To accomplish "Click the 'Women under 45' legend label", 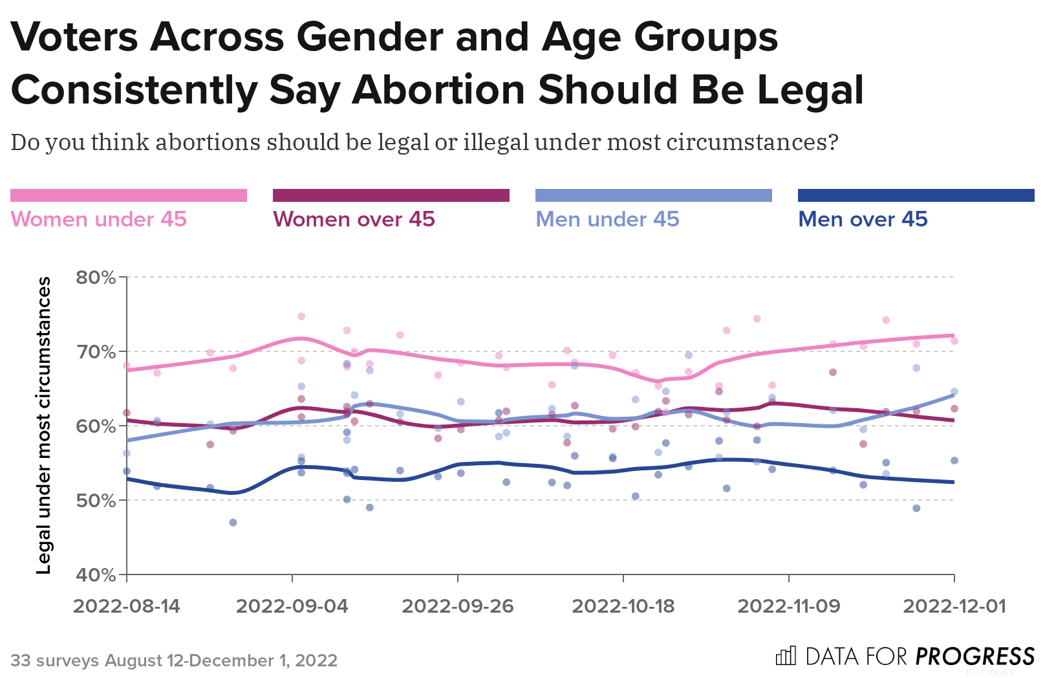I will [98, 219].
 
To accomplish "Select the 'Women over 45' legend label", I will [354, 219].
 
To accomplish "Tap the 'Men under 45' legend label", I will [607, 219].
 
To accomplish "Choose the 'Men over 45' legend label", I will [863, 219].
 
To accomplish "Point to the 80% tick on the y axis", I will [96, 278].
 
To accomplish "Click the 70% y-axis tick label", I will [96, 352].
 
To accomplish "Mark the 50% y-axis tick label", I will [96, 501].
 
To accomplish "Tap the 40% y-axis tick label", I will [96, 574].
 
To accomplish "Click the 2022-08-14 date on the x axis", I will [127, 606].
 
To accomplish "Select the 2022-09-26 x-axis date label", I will [458, 606].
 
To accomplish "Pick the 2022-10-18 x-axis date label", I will [623, 606].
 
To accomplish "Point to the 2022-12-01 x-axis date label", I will [954, 606].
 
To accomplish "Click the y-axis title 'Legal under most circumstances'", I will [43, 425].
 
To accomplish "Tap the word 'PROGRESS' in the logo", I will [976, 657].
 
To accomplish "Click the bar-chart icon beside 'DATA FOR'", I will [786, 656].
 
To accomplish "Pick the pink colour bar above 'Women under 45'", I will [129, 195].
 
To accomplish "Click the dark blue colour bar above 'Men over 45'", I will [916, 195].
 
